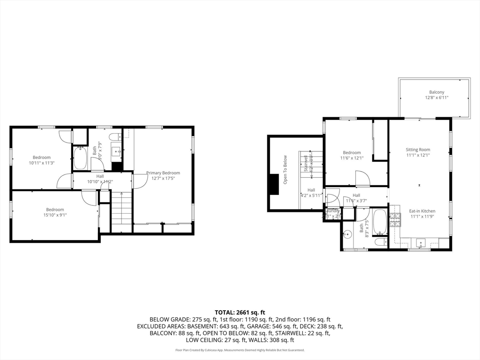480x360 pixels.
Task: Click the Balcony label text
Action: click(x=436, y=92)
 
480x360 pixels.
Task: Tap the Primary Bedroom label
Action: click(x=163, y=173)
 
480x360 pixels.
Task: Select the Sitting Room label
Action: click(x=418, y=150)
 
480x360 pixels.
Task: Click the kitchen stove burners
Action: click(x=396, y=218)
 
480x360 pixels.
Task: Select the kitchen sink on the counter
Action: click(x=420, y=243)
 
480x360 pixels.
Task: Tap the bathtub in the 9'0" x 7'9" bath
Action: click(x=79, y=158)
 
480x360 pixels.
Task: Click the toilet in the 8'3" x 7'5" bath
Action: click(x=381, y=242)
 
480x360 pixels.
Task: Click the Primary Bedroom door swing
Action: click(x=139, y=181)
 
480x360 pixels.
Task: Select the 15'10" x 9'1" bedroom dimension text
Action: click(x=55, y=215)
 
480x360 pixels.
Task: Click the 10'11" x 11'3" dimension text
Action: click(x=42, y=163)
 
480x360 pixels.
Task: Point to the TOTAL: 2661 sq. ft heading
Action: click(x=240, y=312)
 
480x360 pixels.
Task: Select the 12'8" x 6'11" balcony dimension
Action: click(x=436, y=98)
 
